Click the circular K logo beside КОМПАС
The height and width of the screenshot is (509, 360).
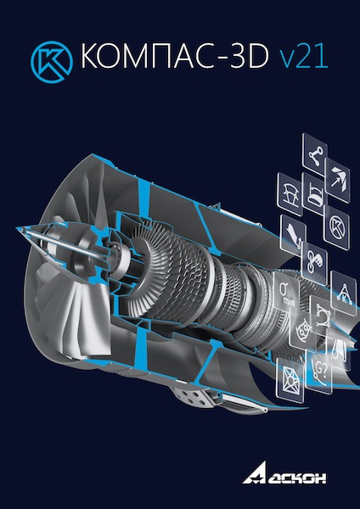52,62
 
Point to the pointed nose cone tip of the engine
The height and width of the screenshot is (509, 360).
17,228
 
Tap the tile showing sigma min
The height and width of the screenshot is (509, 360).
286,291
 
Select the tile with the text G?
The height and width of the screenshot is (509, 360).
318,372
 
